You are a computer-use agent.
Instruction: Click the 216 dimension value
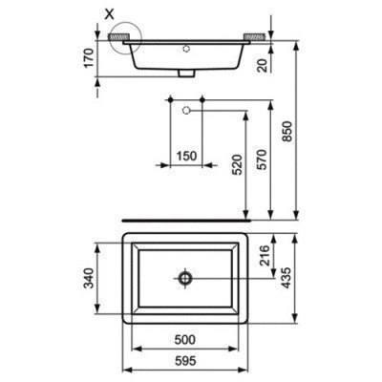tap(263, 256)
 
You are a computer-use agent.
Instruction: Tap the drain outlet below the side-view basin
tap(186, 73)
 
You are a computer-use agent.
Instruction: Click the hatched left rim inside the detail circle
tap(120, 35)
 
